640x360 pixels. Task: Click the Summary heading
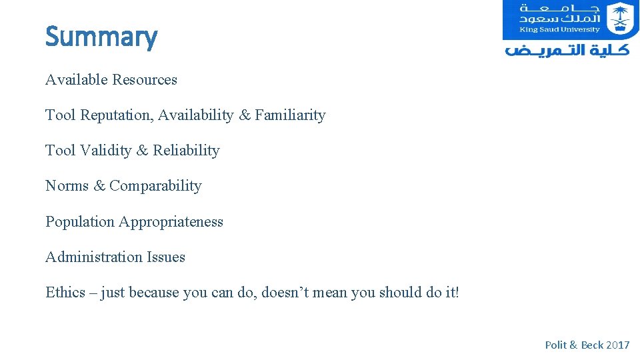pos(101,37)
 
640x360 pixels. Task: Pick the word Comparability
pos(155,186)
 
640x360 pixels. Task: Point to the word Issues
pos(167,257)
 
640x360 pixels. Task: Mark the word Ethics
pos(65,293)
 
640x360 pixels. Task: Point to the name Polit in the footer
pos(555,345)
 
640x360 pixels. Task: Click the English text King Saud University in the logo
pos(561,29)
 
